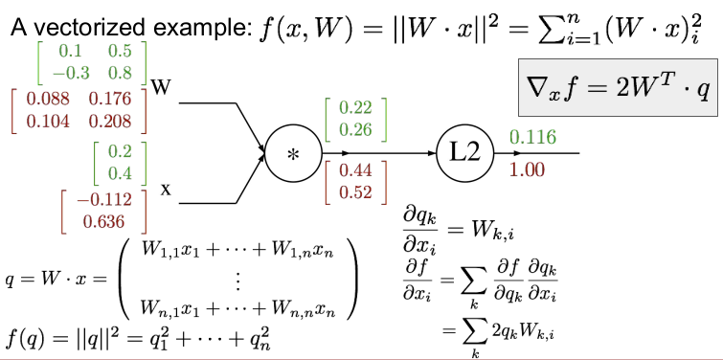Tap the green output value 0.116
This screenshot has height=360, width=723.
tap(532, 137)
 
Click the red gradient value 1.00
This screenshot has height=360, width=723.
tap(527, 170)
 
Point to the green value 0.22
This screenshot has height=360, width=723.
tap(355, 108)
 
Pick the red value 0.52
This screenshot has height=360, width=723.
tap(355, 192)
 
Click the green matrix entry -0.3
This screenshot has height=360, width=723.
tap(72, 73)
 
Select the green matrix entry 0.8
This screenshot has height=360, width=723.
tap(120, 73)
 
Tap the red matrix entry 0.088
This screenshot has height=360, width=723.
tap(48, 99)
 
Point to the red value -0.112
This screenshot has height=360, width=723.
tap(104, 199)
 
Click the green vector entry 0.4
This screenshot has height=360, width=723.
tap(120, 173)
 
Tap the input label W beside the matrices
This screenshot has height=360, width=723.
tap(161, 87)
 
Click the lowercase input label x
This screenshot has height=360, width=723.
tap(166, 189)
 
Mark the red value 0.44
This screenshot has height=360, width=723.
tap(355, 170)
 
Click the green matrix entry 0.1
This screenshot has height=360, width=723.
tap(71, 51)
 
